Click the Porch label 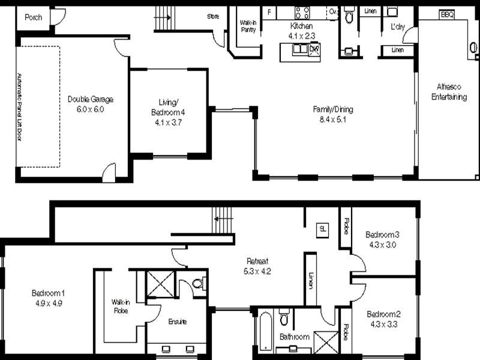pos(33,17)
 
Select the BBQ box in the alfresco pos(447,14)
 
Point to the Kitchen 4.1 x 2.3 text pos(302,31)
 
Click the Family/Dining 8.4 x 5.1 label pos(333,114)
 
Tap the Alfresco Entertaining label pos(448,92)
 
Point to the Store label pos(212,16)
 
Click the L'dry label pos(397,27)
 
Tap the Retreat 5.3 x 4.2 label pos(257,265)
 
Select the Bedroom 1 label pos(48,298)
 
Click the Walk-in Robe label pos(121,306)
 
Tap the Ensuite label pos(176,322)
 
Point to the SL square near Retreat pos(322,229)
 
